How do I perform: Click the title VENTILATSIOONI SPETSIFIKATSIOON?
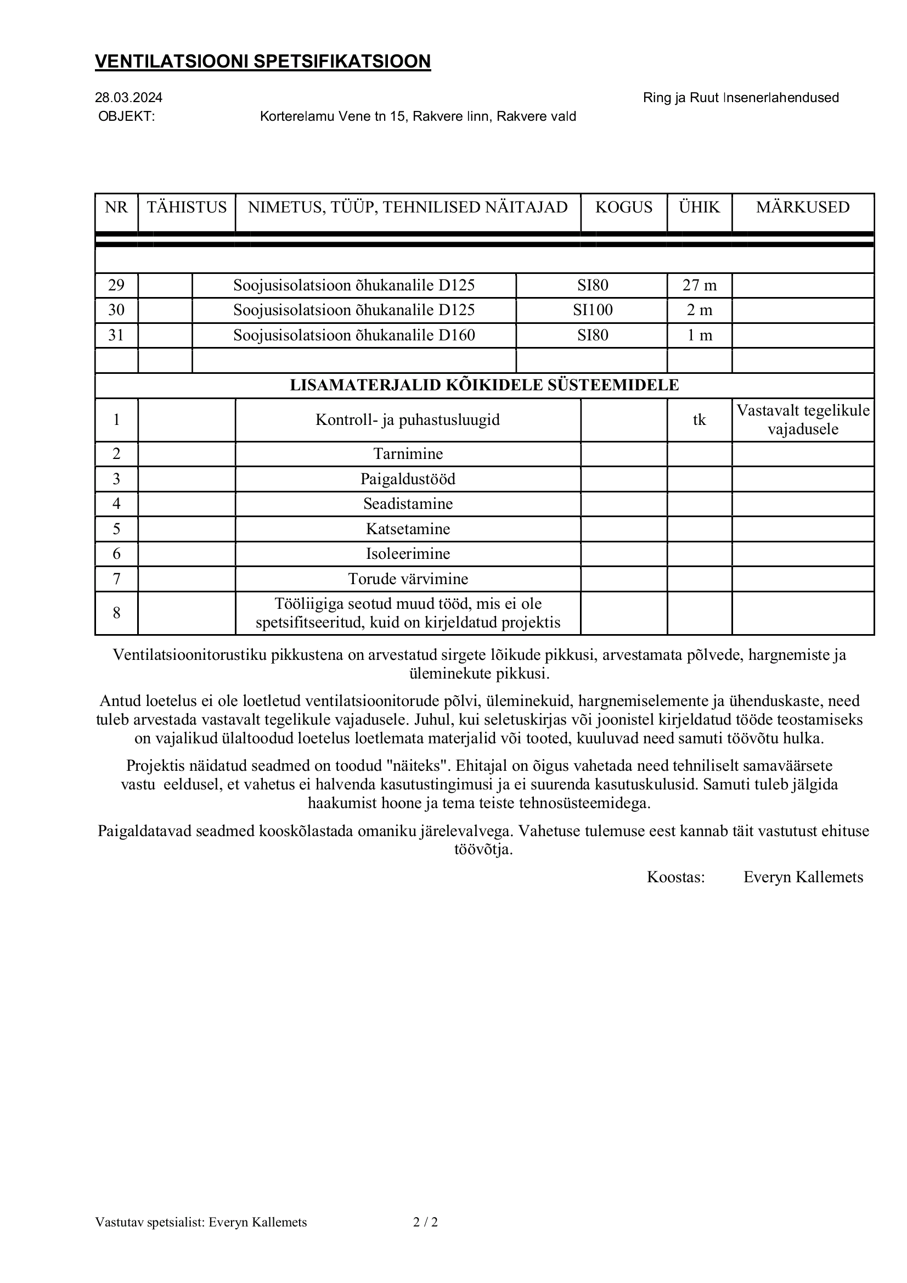[262, 61]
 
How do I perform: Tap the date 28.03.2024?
[128, 98]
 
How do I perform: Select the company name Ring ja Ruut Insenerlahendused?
[741, 98]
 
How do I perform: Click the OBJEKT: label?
[127, 116]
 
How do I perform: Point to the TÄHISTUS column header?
[187, 208]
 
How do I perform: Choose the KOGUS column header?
[624, 208]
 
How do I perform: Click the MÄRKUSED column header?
[803, 208]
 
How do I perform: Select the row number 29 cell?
[116, 285]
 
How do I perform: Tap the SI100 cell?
[593, 310]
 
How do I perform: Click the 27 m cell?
[699, 285]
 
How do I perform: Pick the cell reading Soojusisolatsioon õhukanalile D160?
[354, 335]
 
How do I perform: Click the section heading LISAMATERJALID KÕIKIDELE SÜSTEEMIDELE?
[484, 385]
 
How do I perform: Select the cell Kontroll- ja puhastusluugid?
[408, 419]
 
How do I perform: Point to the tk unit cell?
[699, 419]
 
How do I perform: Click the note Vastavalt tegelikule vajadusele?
[803, 419]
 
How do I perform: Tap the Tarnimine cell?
[408, 453]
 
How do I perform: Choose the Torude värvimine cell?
[408, 579]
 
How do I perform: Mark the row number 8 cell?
[116, 613]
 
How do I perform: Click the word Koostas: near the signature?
[676, 877]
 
